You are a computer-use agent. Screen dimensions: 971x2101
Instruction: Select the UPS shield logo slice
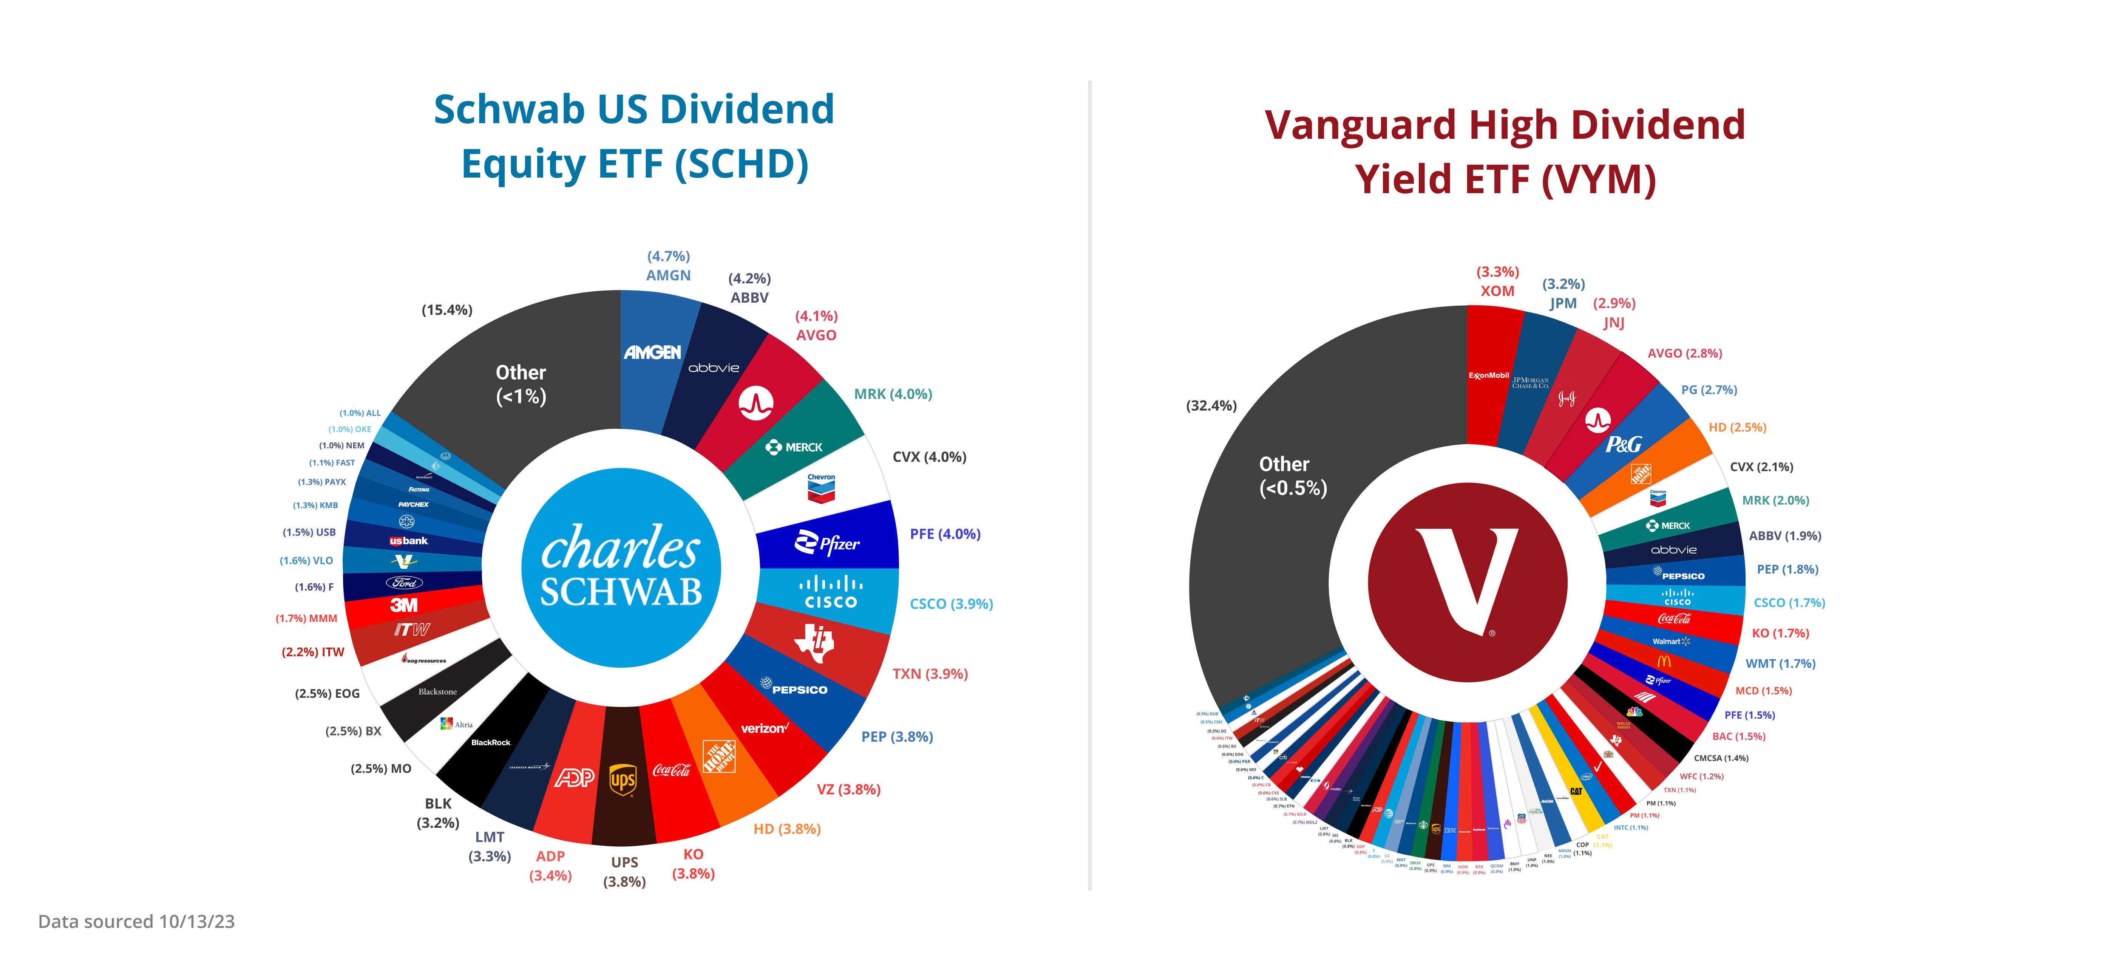click(x=623, y=779)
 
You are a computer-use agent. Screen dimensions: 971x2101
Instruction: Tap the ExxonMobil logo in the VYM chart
click(x=1488, y=375)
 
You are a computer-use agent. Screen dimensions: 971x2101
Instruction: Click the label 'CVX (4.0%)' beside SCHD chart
click(x=929, y=457)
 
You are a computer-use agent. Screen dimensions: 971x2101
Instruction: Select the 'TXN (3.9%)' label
click(x=930, y=674)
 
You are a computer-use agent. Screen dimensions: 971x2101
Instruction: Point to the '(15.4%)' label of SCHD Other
click(x=447, y=310)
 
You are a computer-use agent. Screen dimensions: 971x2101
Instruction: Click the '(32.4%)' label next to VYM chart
click(x=1211, y=405)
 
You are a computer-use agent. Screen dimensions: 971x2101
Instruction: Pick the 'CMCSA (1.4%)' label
click(x=1721, y=758)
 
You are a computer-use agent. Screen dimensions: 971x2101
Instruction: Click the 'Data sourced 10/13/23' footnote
click(x=136, y=921)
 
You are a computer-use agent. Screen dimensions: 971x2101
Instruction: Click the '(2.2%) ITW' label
click(x=313, y=652)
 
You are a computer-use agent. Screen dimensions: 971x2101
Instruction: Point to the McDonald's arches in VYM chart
click(x=1664, y=661)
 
